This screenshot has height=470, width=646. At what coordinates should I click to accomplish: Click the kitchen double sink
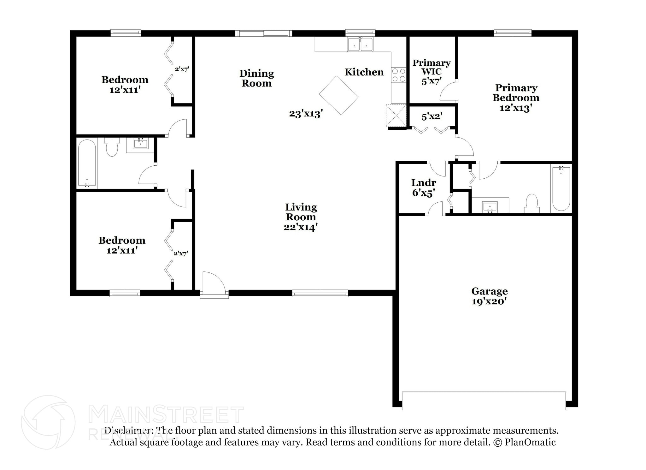pyautogui.click(x=360, y=44)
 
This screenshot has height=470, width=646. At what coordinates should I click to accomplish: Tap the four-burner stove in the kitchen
pyautogui.click(x=398, y=75)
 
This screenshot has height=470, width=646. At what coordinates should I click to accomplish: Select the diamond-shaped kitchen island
pyautogui.click(x=339, y=95)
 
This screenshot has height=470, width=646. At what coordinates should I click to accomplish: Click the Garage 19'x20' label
pyautogui.click(x=489, y=296)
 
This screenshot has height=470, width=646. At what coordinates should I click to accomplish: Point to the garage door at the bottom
pyautogui.click(x=484, y=401)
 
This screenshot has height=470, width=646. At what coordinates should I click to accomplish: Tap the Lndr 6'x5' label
pyautogui.click(x=424, y=187)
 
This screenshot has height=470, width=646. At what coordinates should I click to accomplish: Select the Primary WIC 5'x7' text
pyautogui.click(x=431, y=72)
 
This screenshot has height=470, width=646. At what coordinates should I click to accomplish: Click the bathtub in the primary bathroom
pyautogui.click(x=561, y=189)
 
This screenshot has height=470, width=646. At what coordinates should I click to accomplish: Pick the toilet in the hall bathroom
pyautogui.click(x=112, y=146)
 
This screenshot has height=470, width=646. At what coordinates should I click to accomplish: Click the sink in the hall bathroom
pyautogui.click(x=140, y=144)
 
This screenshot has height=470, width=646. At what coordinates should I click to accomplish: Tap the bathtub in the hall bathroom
pyautogui.click(x=87, y=163)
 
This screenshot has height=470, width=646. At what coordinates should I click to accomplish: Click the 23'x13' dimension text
pyautogui.click(x=306, y=114)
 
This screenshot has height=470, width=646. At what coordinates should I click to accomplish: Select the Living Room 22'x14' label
pyautogui.click(x=301, y=217)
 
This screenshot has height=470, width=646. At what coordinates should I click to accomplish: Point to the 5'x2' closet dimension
pyautogui.click(x=432, y=116)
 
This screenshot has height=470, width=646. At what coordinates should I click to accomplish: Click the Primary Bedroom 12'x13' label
pyautogui.click(x=516, y=98)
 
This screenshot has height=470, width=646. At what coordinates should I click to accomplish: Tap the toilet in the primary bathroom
pyautogui.click(x=532, y=203)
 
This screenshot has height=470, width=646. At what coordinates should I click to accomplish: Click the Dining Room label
pyautogui.click(x=256, y=78)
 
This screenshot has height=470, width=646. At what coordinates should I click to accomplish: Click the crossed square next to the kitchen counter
pyautogui.click(x=396, y=116)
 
